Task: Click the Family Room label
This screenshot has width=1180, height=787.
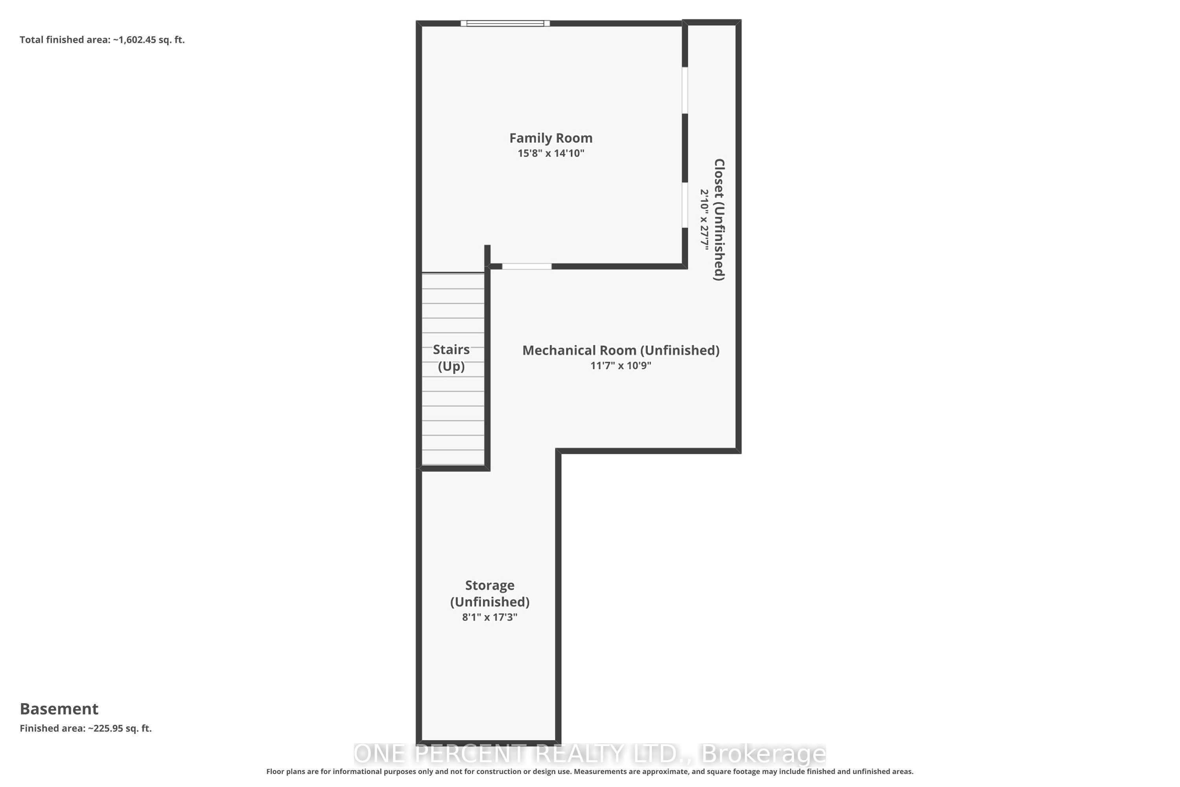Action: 551,138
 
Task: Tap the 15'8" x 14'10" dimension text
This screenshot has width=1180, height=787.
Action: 551,153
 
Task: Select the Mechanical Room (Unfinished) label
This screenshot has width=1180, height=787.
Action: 621,350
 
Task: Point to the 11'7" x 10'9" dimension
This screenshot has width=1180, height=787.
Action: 621,366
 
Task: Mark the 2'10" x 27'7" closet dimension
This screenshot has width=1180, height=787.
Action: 704,219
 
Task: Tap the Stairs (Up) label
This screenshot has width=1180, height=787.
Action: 451,358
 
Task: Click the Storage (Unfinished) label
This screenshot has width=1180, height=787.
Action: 490,593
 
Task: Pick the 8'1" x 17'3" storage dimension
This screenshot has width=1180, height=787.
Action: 490,617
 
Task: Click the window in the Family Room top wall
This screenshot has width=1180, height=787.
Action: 505,23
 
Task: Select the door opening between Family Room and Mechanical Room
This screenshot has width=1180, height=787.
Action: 527,266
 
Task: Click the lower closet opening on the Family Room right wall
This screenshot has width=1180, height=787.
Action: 685,205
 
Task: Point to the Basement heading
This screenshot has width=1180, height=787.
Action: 59,709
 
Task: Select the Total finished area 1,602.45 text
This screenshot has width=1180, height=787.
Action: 102,40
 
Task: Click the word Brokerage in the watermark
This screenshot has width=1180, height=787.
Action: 763,754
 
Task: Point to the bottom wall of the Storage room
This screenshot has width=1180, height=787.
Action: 489,742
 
